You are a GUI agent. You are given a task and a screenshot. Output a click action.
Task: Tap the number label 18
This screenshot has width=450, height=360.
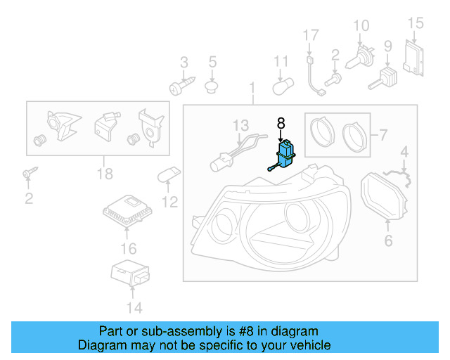click(105, 174)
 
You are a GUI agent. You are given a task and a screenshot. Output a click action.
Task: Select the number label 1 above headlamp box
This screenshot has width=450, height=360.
click(252, 89)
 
